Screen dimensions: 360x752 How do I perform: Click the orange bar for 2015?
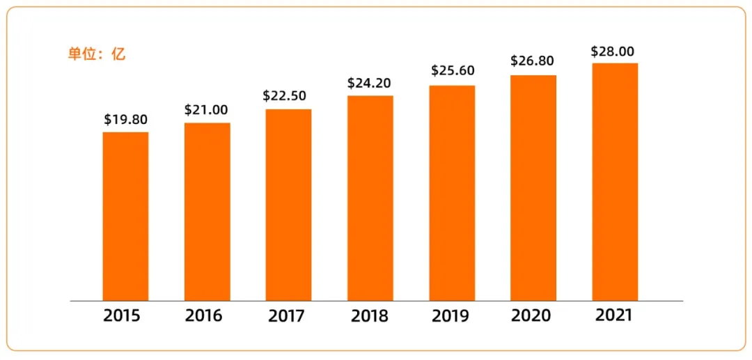(125, 216)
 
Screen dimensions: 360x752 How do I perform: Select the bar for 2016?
(207, 212)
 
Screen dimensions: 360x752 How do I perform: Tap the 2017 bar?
(288, 205)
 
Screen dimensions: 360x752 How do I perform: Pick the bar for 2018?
(370, 198)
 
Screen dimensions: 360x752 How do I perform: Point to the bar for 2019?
(452, 193)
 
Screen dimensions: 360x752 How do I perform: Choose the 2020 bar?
(533, 187)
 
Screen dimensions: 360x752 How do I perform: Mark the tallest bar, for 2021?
(615, 182)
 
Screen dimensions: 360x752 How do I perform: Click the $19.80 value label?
(125, 119)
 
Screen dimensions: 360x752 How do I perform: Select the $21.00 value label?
(207, 110)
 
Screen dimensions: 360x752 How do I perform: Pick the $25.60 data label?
(452, 71)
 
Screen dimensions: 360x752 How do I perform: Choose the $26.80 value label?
(533, 61)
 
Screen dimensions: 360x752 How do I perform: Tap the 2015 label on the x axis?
(122, 316)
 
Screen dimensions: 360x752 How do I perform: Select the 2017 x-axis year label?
(286, 317)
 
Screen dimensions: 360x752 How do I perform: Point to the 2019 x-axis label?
(450, 317)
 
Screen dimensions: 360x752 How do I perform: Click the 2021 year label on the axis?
(613, 315)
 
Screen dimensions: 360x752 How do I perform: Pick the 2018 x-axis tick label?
(369, 317)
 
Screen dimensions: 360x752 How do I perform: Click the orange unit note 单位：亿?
(97, 54)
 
